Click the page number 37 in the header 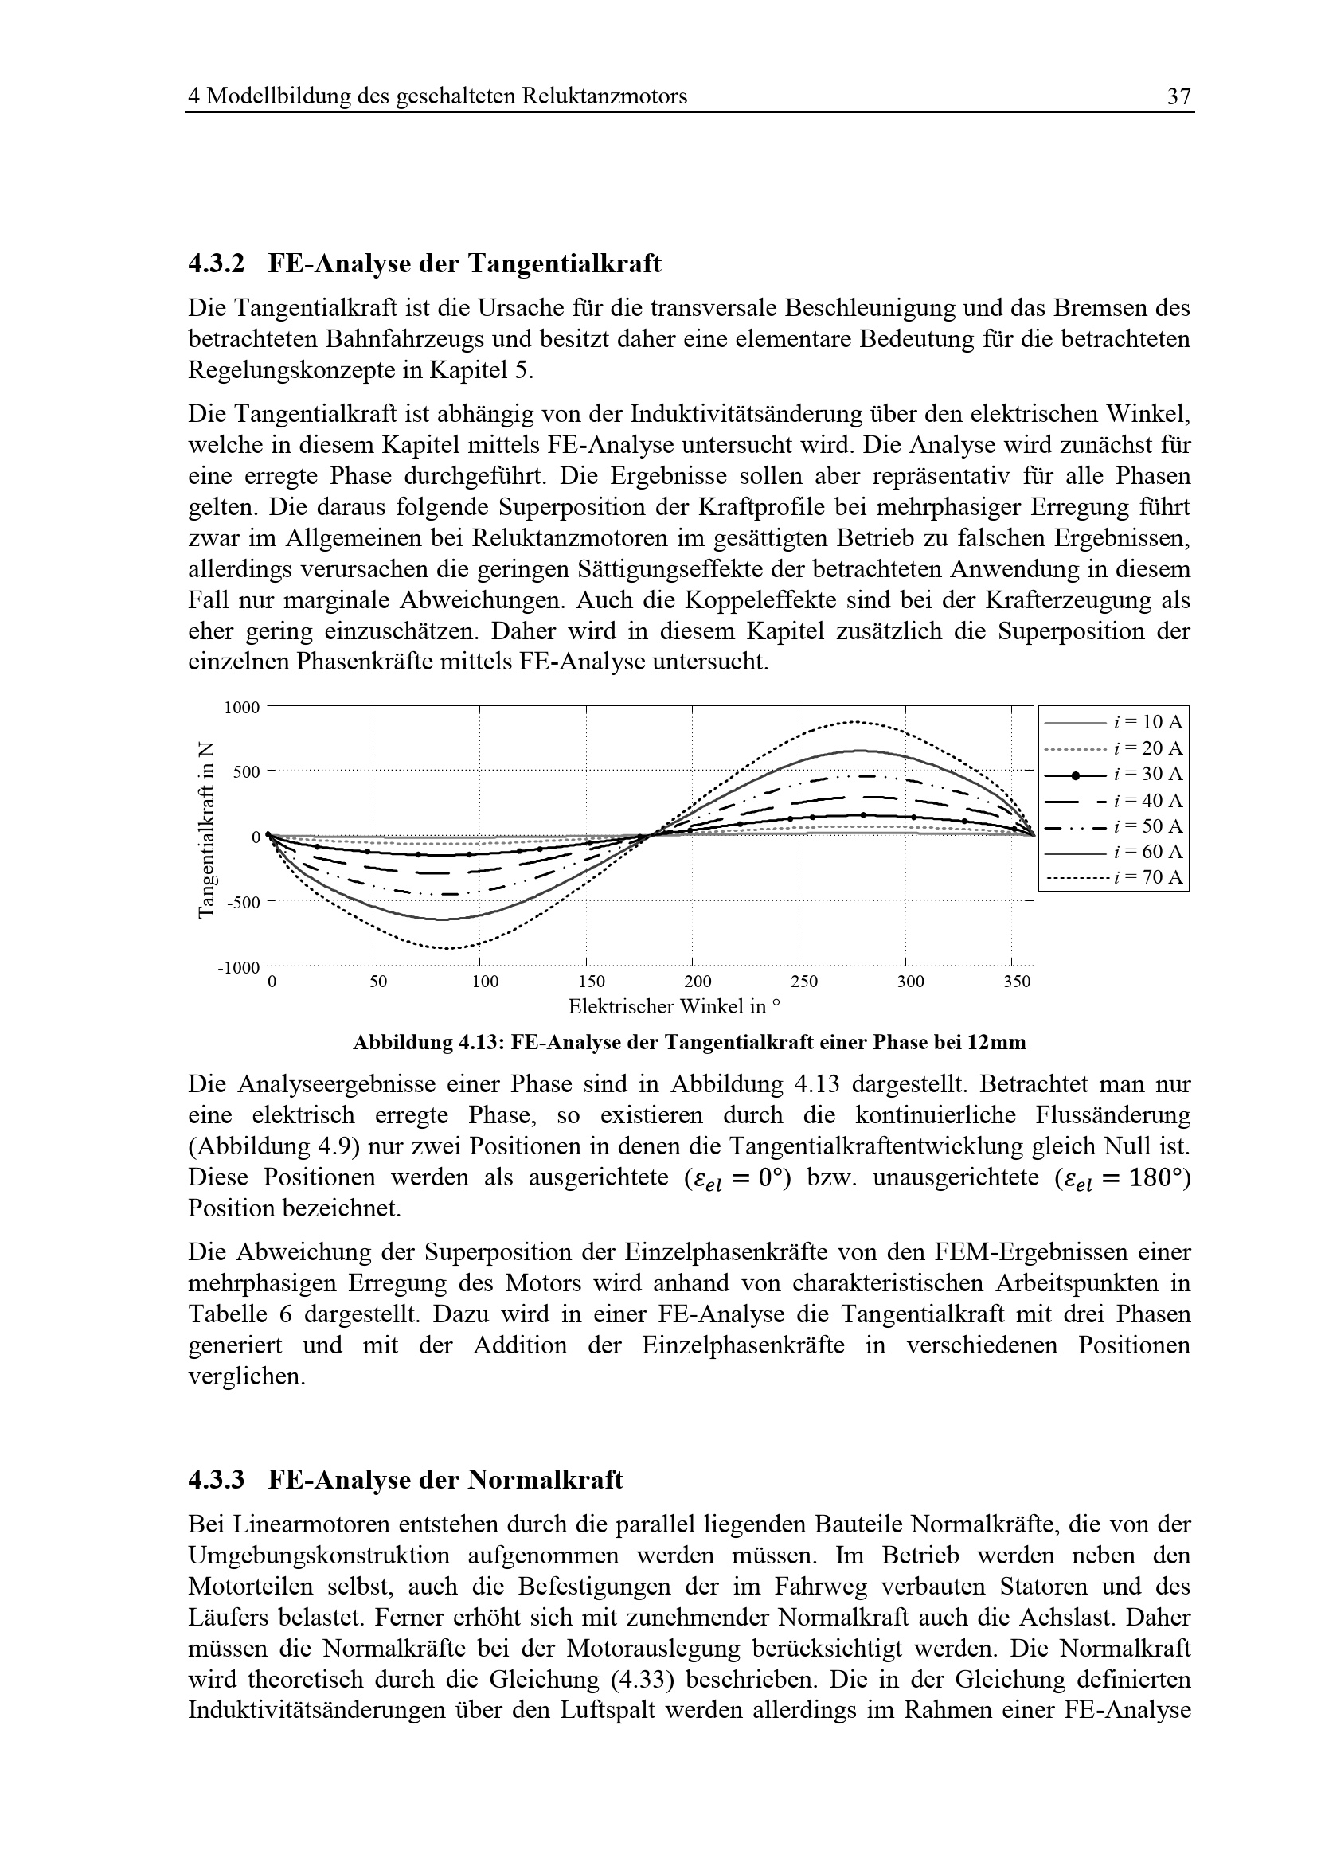pyautogui.click(x=1178, y=96)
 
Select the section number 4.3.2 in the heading pyautogui.click(x=216, y=263)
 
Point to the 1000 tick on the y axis pyautogui.click(x=242, y=708)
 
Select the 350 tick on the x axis pyautogui.click(x=1016, y=982)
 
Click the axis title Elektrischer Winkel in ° pyautogui.click(x=674, y=1007)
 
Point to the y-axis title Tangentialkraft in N pyautogui.click(x=207, y=830)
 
